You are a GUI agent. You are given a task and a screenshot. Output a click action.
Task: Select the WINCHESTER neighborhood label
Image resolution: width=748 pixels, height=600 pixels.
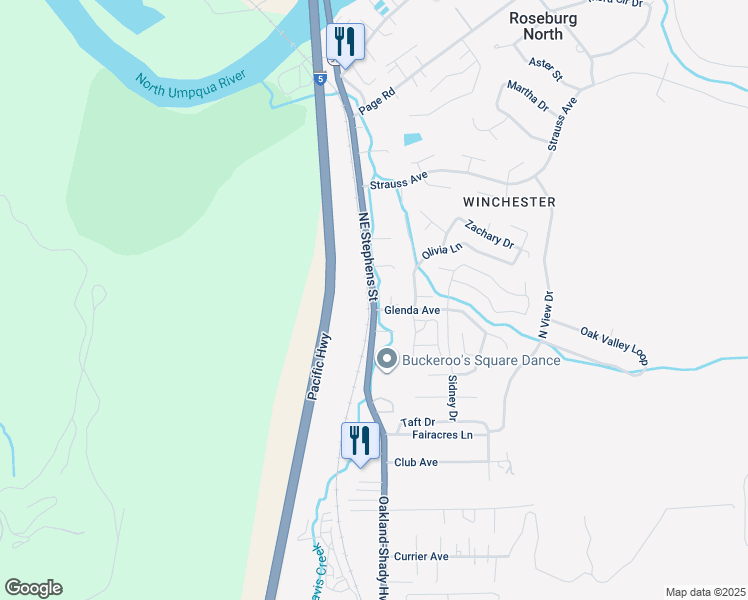point(509,202)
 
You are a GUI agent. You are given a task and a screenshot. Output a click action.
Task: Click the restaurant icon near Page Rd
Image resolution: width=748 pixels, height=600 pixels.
point(345,42)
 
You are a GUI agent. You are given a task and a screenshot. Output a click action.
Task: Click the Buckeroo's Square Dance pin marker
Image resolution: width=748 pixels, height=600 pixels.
point(387,359)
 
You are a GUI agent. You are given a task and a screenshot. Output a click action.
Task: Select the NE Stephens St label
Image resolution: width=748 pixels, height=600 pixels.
point(367,254)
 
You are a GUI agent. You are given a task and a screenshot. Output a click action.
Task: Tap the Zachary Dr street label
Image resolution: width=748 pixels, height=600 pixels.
point(489,236)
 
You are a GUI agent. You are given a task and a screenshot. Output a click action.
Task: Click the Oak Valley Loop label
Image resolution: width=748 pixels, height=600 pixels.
point(615,344)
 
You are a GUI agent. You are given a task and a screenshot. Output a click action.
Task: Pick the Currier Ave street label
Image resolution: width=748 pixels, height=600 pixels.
point(421,556)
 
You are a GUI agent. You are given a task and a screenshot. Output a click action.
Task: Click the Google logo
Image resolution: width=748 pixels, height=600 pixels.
point(33,588)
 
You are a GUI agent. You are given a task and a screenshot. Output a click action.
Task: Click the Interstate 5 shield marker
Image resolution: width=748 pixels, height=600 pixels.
point(319,78)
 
